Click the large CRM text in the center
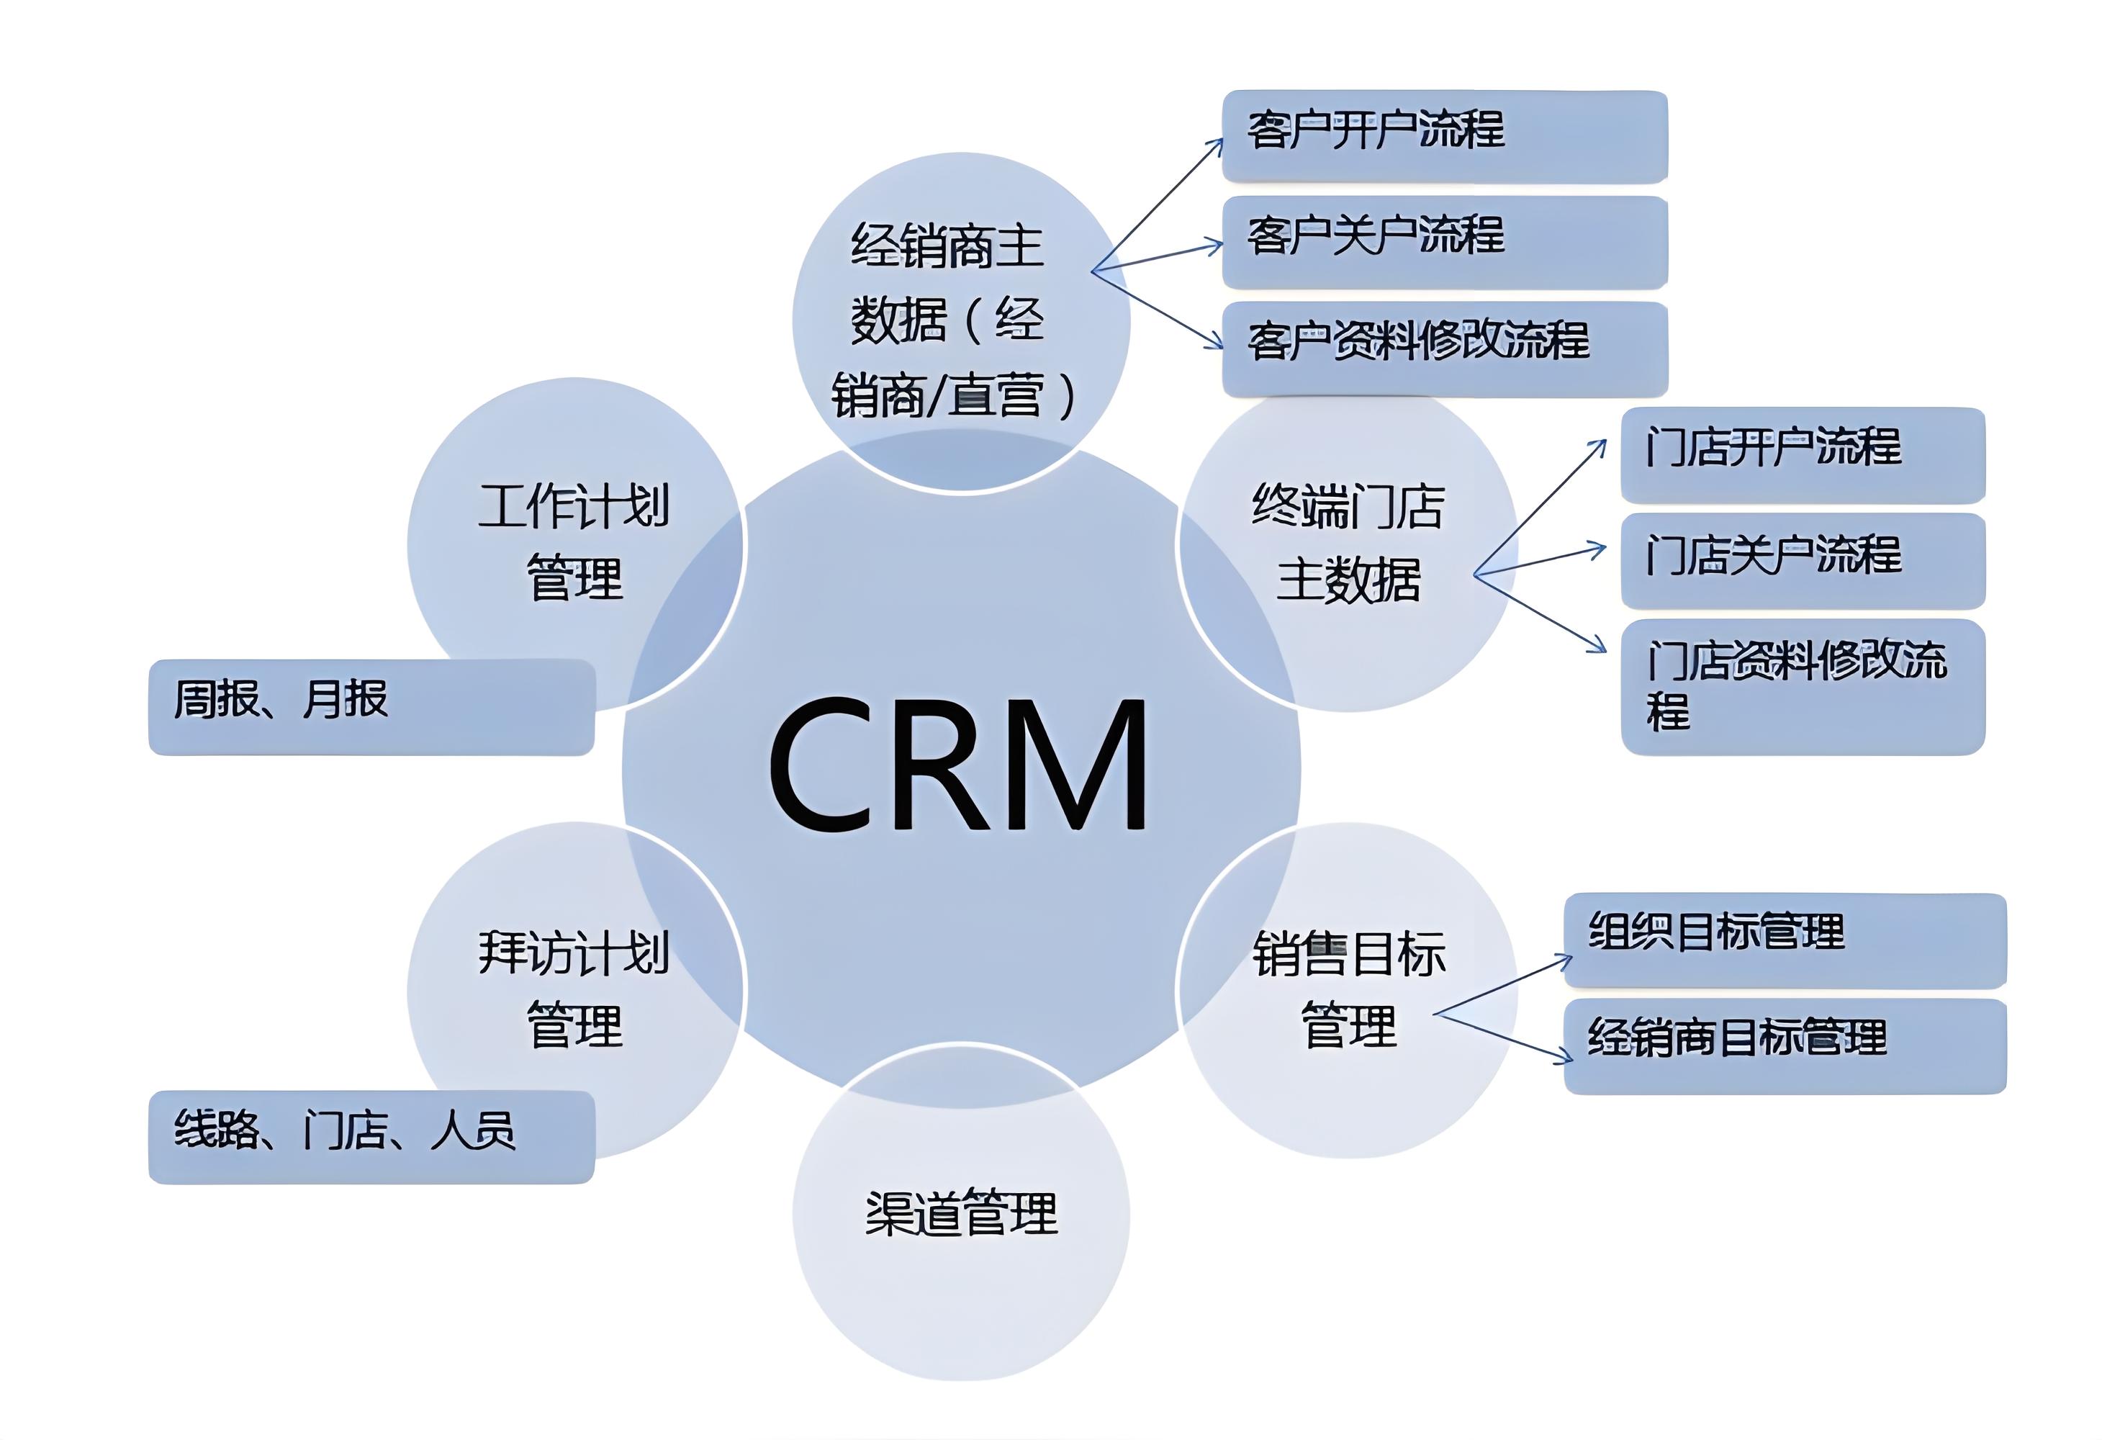pos(959,765)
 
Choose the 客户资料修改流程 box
pos(1445,348)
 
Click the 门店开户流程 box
pos(1802,455)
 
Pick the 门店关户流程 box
pos(1802,560)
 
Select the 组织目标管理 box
pos(1784,940)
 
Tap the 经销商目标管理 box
pos(1784,1045)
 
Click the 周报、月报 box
pos(371,706)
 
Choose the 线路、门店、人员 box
pos(371,1136)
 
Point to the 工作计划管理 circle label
pos(574,542)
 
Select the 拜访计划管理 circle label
pos(574,989)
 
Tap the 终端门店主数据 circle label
pos(1348,542)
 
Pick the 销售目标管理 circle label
pos(1348,989)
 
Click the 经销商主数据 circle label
pos(949,321)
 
